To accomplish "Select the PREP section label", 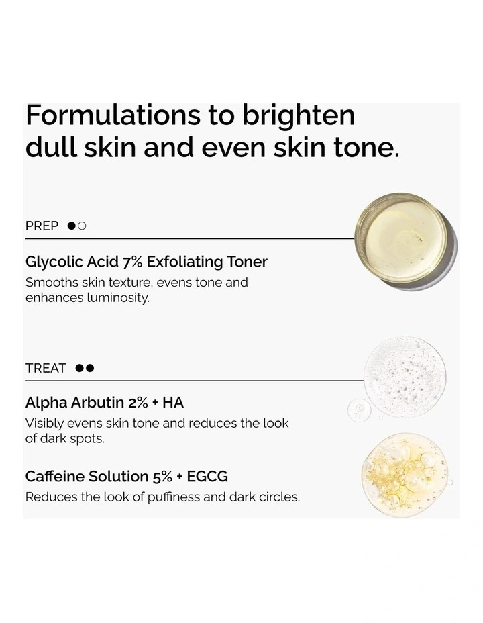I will [42, 226].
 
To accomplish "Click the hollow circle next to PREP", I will [82, 226].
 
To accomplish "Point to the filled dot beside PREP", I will [72, 226].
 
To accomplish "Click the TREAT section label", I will [46, 368].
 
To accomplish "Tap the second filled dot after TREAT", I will [90, 368].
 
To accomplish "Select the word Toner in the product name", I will [247, 261].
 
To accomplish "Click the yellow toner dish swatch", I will [401, 238].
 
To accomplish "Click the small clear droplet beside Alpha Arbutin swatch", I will [360, 409].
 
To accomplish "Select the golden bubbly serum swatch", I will [404, 474].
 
